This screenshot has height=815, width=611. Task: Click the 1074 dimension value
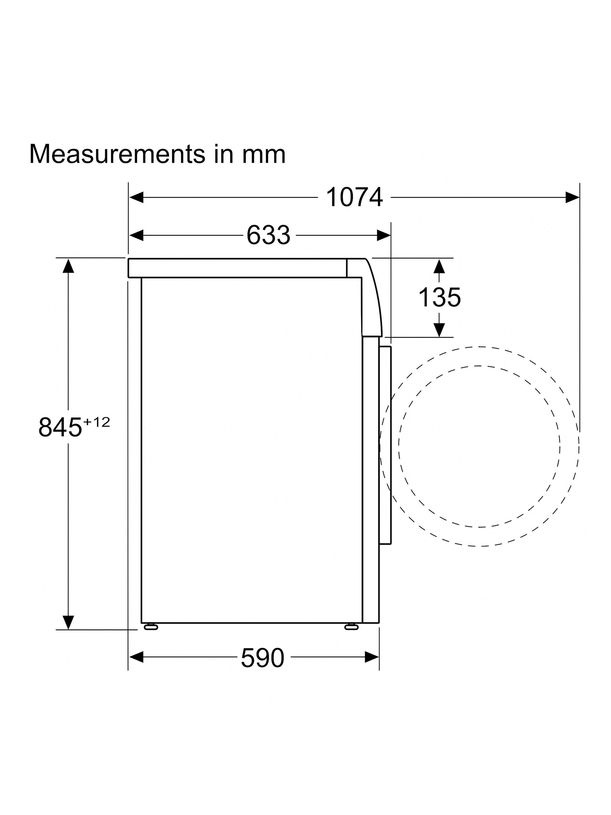[354, 198]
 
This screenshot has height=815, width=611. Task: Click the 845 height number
[60, 427]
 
